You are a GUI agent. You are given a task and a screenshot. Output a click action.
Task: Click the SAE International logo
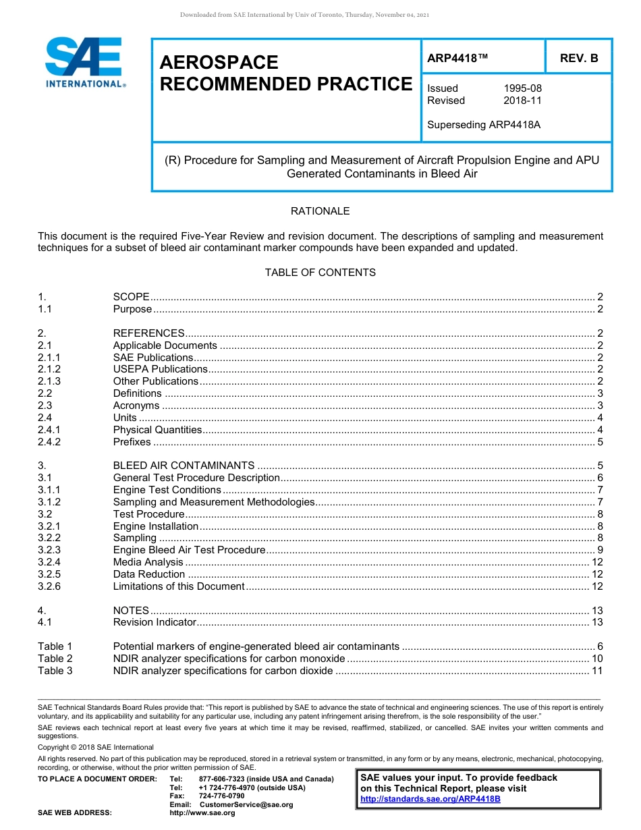coord(84,63)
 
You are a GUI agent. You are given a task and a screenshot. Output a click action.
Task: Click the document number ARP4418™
coord(457,59)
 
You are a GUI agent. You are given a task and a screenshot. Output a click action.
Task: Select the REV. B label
coord(578,59)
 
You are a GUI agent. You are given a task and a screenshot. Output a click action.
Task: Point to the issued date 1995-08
coord(522,88)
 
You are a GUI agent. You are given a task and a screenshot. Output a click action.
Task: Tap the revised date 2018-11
coord(522,101)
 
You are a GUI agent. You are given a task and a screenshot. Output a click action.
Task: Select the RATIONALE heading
coord(320,211)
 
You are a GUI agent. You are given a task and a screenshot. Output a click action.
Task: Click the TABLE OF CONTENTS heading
coord(320,273)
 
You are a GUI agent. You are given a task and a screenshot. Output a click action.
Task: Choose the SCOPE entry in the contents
coord(131,297)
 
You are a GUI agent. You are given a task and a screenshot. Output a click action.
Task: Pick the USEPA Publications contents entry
coord(160,369)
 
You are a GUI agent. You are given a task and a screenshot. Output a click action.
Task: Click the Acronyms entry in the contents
coord(136,406)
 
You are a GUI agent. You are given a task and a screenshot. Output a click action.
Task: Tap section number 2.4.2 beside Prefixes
coord(49,442)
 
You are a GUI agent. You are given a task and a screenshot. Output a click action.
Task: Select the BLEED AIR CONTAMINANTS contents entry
coord(184,466)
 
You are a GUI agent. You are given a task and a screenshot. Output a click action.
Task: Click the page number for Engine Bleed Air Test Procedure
coord(600,550)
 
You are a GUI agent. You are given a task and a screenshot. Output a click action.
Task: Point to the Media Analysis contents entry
coord(148,562)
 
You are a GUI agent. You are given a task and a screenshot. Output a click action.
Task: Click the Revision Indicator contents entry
coord(155,622)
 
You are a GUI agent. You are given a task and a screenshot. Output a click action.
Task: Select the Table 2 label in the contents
coord(55,659)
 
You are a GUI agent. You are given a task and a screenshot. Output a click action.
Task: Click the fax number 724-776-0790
coord(221,796)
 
